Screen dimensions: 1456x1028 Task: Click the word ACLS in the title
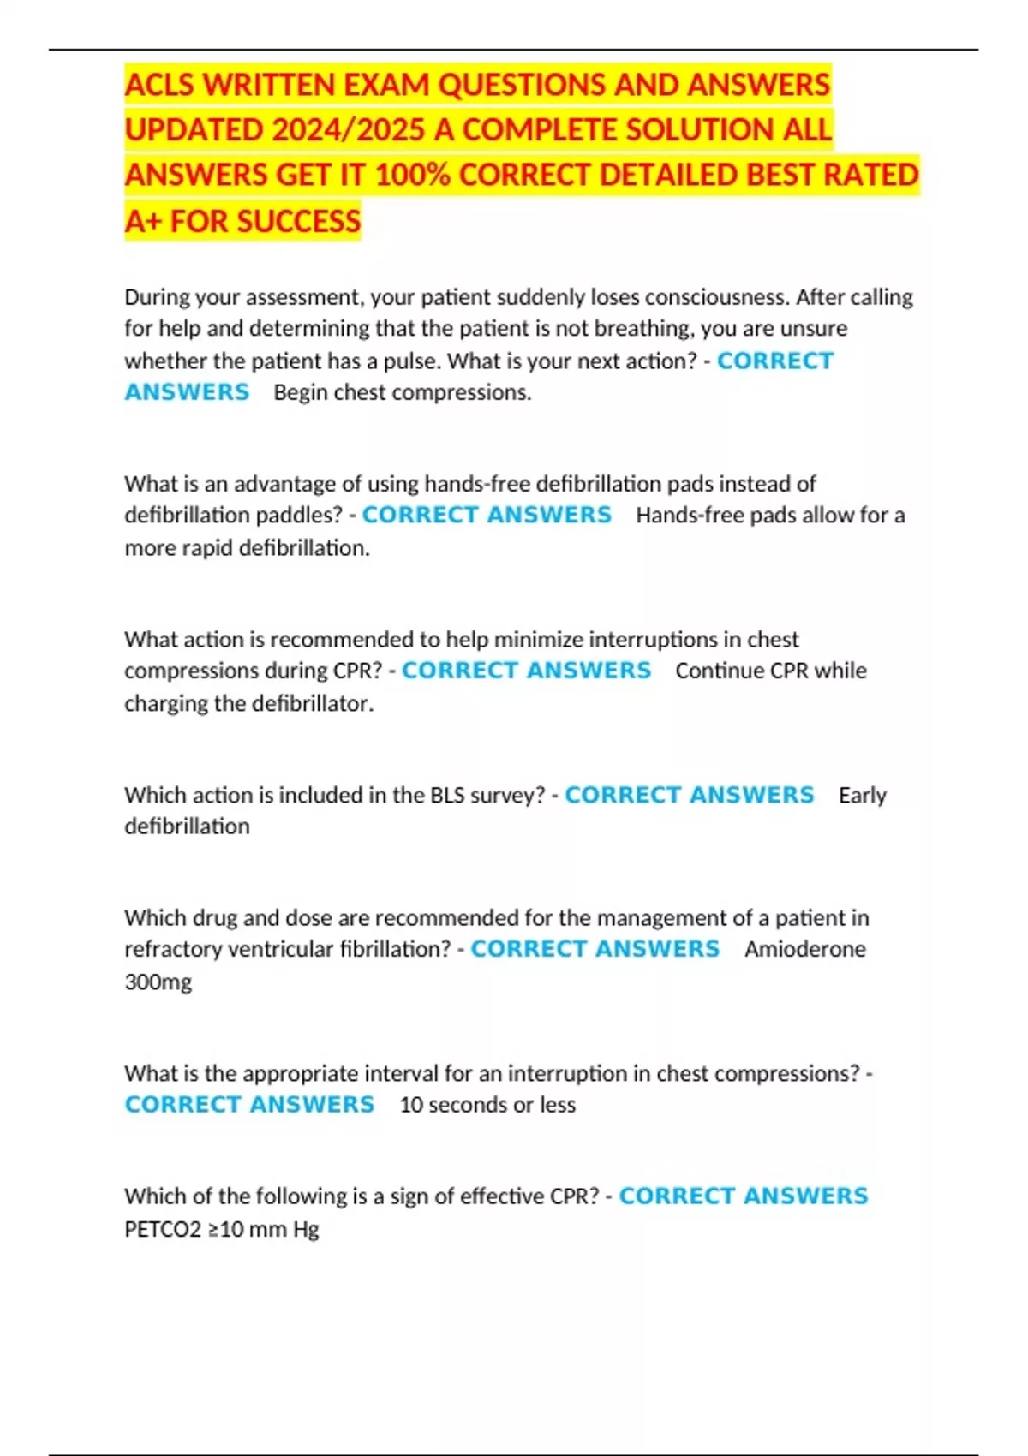point(159,85)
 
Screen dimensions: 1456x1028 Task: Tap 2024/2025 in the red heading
point(348,130)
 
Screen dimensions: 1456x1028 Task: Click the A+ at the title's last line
point(143,222)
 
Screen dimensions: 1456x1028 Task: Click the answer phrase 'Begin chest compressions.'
point(403,392)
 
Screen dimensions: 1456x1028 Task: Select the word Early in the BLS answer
point(862,795)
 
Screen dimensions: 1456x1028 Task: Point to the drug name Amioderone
point(804,949)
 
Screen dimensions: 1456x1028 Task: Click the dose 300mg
point(158,982)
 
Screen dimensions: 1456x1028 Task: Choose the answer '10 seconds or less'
point(487,1105)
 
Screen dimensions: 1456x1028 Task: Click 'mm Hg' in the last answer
point(291,1230)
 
